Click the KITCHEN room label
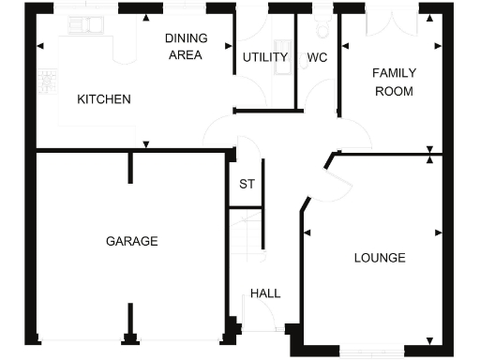click(x=103, y=99)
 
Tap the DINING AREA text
click(x=184, y=46)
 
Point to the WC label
click(x=317, y=57)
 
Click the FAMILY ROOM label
click(x=394, y=82)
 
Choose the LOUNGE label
click(x=380, y=258)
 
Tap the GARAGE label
click(x=131, y=241)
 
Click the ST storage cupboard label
click(x=247, y=184)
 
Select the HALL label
click(x=265, y=293)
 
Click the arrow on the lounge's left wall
click(x=307, y=232)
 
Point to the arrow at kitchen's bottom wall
click(x=146, y=144)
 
